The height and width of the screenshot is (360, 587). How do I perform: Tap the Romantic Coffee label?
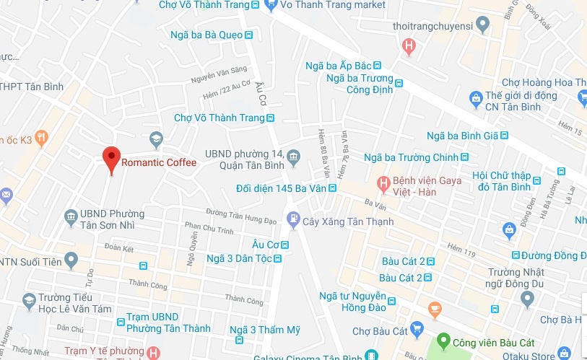coord(158,162)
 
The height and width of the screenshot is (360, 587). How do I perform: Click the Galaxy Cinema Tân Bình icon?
coord(370,354)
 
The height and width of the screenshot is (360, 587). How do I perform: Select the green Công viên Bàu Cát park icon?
coord(443,341)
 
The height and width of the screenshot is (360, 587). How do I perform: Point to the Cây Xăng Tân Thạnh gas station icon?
coord(293,217)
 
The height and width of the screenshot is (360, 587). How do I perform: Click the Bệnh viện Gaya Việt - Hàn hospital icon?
coord(383,180)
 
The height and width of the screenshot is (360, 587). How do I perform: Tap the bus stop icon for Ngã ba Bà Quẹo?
coord(248,35)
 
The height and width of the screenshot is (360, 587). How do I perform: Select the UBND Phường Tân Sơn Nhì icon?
coord(71,215)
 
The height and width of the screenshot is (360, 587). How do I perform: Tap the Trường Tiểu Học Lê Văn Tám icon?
coord(29,299)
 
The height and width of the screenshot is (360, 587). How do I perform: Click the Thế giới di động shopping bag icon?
coord(475,97)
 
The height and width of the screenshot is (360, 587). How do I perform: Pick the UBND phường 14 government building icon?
coord(293,156)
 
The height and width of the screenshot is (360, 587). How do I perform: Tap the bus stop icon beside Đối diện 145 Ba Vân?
coord(332,188)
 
